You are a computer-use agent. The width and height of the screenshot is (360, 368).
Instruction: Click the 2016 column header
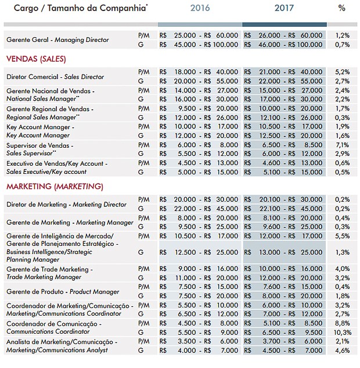pyautogui.click(x=200, y=9)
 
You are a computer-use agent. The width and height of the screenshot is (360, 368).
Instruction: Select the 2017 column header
pyautogui.click(x=283, y=9)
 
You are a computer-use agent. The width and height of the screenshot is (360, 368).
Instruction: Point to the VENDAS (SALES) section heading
pyautogui.click(x=35, y=59)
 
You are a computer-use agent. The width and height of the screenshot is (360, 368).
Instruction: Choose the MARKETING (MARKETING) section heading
pyautogui.click(x=55, y=187)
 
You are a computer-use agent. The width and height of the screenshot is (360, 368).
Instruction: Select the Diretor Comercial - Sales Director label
pyautogui.click(x=55, y=77)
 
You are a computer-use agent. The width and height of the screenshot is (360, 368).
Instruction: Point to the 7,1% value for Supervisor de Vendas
pyautogui.click(x=342, y=144)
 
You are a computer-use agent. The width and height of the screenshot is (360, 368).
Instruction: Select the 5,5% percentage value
pyautogui.click(x=342, y=237)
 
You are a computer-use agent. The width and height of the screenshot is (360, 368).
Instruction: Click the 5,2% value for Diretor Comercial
pyautogui.click(x=342, y=72)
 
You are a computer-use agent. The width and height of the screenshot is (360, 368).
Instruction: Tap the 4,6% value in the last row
pyautogui.click(x=342, y=351)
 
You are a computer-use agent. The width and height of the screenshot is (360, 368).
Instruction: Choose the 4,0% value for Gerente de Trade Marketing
pyautogui.click(x=342, y=269)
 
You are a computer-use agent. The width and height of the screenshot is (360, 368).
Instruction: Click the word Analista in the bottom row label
pyautogui.click(x=19, y=342)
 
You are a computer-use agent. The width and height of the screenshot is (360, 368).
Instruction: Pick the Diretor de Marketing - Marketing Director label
pyautogui.click(x=66, y=205)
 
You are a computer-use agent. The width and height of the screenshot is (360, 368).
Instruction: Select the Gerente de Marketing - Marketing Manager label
pyautogui.click(x=70, y=223)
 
